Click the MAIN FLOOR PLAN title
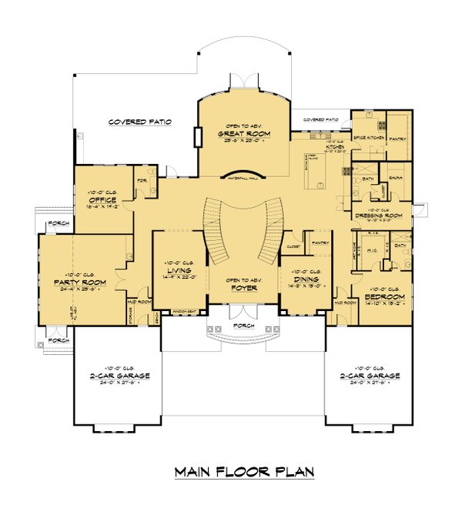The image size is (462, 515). coord(244,471)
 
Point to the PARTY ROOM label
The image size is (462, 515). coord(79,282)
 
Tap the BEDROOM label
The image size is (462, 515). coord(386,296)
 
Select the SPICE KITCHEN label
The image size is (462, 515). coord(367,137)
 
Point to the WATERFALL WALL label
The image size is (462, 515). coord(243,176)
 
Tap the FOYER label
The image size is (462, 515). coord(243,289)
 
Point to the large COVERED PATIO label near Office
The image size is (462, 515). coord(139,122)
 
